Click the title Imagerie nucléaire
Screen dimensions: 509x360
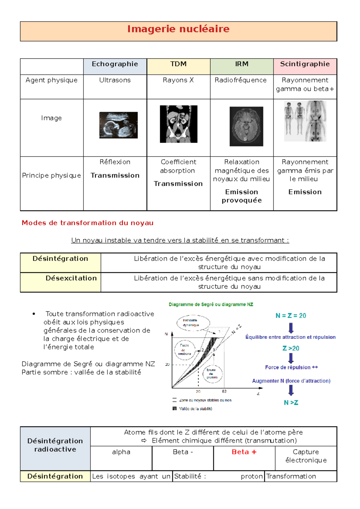178,29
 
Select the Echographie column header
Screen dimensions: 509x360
115,64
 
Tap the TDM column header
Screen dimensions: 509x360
178,64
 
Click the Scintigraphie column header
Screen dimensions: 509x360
305,64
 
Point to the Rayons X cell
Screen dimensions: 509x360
178,80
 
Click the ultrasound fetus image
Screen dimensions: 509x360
118,125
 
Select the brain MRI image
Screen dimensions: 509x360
246,127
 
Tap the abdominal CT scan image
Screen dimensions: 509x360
178,124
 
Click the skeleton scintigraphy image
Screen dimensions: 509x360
305,121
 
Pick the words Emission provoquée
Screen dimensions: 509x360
241,196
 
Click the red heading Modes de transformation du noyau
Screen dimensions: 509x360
88,223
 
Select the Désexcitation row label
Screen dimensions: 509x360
71,278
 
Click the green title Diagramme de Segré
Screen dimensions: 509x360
211,305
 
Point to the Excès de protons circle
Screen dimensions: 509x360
212,374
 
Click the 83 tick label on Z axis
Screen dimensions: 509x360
224,391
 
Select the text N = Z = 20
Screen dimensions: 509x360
291,316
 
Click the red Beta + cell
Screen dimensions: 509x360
244,452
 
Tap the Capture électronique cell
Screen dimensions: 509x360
306,456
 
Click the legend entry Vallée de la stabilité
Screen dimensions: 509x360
196,409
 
